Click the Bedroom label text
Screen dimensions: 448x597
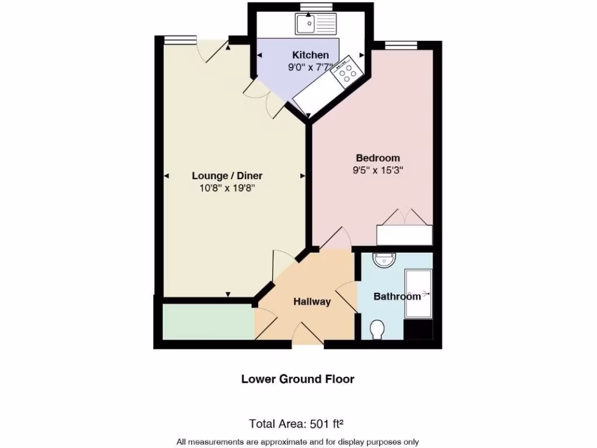(x=378, y=158)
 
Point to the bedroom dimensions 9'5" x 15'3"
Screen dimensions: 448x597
(x=378, y=170)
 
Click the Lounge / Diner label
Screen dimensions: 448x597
(x=227, y=176)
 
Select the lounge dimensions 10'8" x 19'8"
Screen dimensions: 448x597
(x=227, y=188)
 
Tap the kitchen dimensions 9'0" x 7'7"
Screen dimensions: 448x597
(x=310, y=67)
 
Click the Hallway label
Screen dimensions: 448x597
(x=312, y=302)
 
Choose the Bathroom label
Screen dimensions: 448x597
(x=396, y=296)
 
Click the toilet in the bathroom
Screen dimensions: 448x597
(x=377, y=330)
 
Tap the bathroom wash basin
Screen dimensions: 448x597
(x=384, y=260)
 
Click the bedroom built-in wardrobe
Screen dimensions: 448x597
(x=404, y=235)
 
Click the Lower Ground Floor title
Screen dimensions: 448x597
(x=297, y=379)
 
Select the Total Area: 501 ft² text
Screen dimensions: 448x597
(x=300, y=423)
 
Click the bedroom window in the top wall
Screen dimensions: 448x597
(x=401, y=45)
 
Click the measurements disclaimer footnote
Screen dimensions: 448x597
(x=297, y=442)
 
